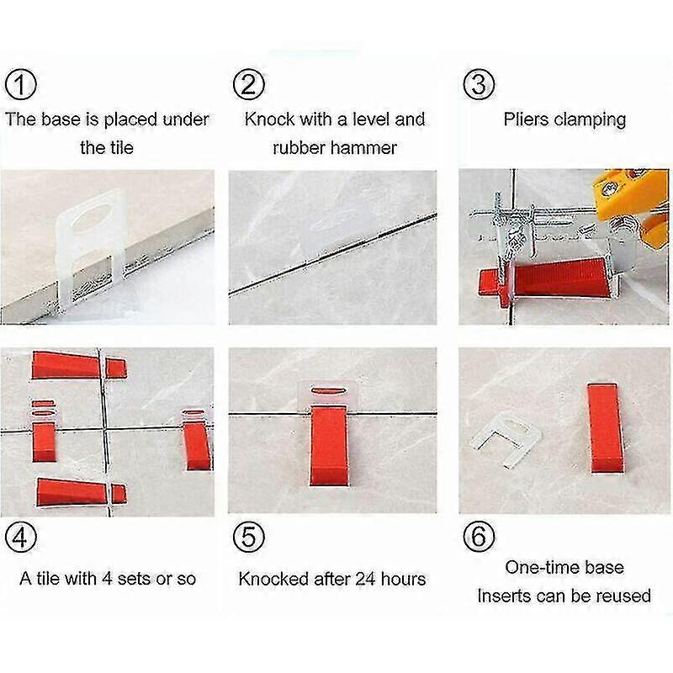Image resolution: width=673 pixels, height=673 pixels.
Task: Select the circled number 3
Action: pyautogui.click(x=479, y=84)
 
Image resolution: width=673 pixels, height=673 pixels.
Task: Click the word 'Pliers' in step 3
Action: pyautogui.click(x=526, y=119)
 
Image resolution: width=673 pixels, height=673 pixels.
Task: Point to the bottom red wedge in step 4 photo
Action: pyautogui.click(x=76, y=491)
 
